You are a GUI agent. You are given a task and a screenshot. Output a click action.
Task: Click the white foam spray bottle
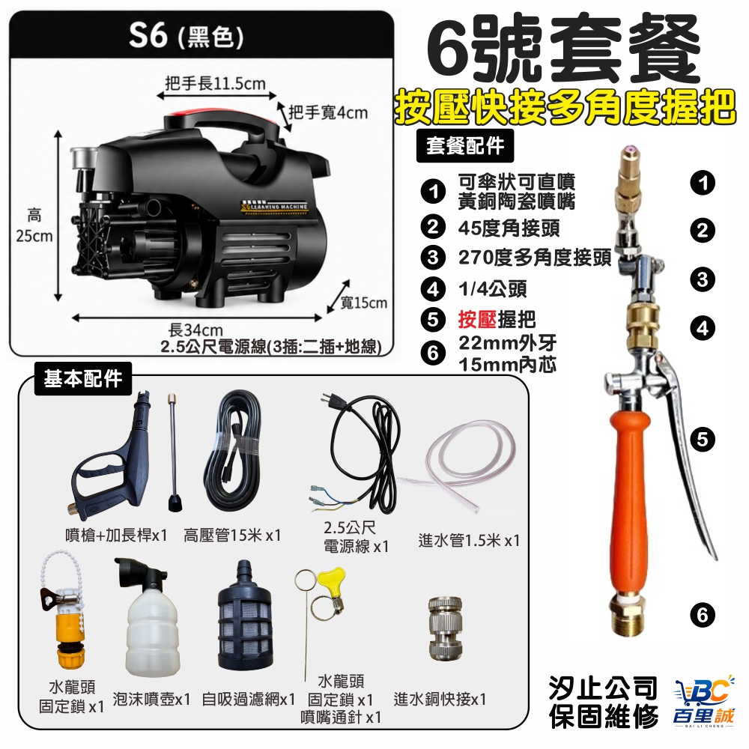tap(152, 621)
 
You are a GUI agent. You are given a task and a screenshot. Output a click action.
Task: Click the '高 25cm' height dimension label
tap(34, 225)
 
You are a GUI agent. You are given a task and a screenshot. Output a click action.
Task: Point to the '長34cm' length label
tap(195, 330)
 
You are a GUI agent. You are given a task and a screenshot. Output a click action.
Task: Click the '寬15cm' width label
tap(363, 303)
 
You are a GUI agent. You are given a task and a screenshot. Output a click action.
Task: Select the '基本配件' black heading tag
tap(83, 378)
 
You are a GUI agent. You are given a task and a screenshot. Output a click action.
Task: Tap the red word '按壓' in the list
tap(477, 320)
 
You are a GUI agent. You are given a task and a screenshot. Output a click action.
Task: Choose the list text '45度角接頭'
tap(509, 228)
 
